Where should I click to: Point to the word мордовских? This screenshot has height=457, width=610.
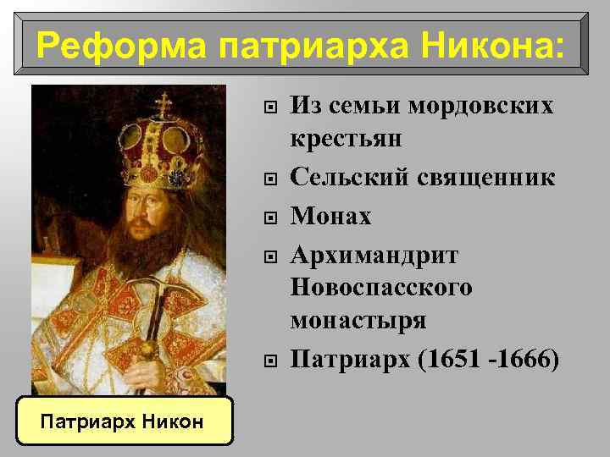coord(481,106)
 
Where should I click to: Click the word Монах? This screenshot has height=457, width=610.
coord(331,217)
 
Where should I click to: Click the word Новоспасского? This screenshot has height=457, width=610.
coord(381,288)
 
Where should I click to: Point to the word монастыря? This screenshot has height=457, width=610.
coord(358,320)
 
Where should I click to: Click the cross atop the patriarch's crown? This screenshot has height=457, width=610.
coord(162,106)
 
